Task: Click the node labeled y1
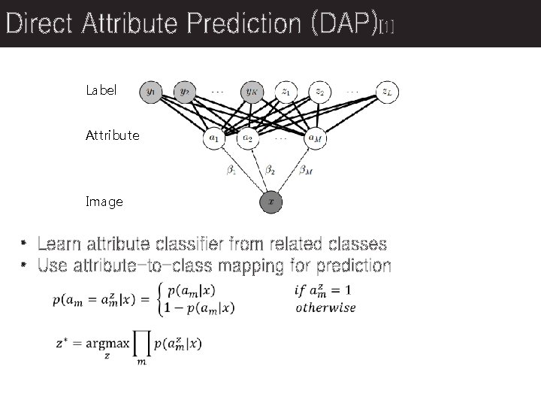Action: pyautogui.click(x=151, y=92)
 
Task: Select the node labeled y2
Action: pyautogui.click(x=184, y=92)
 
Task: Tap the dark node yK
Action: pyautogui.click(x=251, y=92)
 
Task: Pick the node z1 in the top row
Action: pyautogui.click(x=286, y=92)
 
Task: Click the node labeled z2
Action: pyautogui.click(x=320, y=92)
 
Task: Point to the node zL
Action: pyautogui.click(x=387, y=92)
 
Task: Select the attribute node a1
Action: pyautogui.click(x=214, y=138)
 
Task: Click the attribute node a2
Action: pyautogui.click(x=248, y=138)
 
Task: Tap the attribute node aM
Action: pyautogui.click(x=315, y=138)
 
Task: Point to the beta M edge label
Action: pyautogui.click(x=306, y=171)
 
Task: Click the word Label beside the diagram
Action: pyautogui.click(x=101, y=90)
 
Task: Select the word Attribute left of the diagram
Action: pyautogui.click(x=112, y=136)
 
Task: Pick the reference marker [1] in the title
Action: pyautogui.click(x=387, y=28)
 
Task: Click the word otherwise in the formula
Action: pyautogui.click(x=325, y=308)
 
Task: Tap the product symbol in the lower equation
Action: pyautogui.click(x=141, y=344)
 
